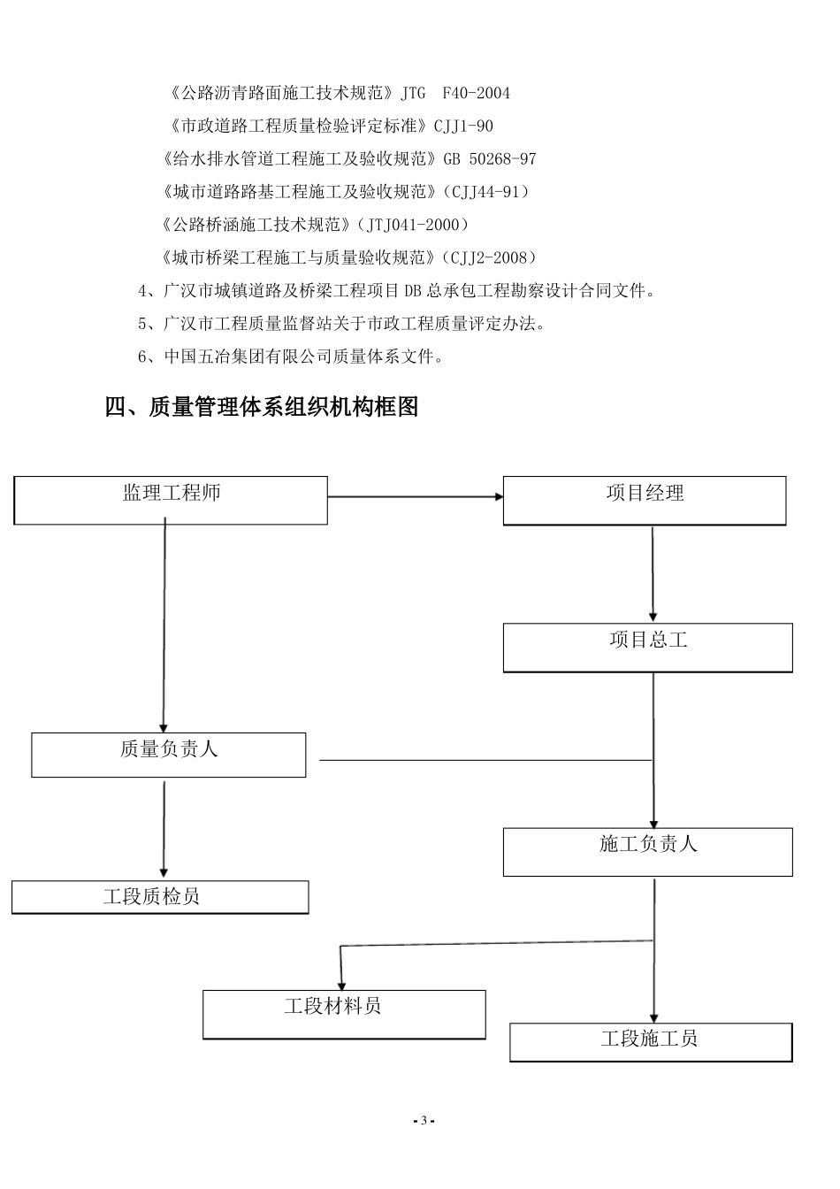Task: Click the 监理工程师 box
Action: click(x=171, y=500)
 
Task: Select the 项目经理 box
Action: click(x=645, y=501)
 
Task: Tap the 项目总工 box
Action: click(x=647, y=647)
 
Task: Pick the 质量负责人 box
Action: click(x=169, y=755)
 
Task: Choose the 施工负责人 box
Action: click(x=647, y=851)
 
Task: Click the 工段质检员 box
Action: click(x=160, y=897)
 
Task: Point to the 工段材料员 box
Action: click(x=344, y=1014)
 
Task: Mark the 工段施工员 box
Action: click(x=651, y=1041)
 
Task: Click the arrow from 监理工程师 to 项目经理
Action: click(x=415, y=497)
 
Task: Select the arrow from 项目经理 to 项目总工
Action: click(x=653, y=574)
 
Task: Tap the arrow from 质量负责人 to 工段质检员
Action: click(x=164, y=829)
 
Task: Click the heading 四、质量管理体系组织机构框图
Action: click(x=262, y=407)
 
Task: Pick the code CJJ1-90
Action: click(x=463, y=127)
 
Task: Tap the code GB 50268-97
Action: click(x=487, y=159)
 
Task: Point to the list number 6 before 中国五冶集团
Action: click(x=143, y=357)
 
